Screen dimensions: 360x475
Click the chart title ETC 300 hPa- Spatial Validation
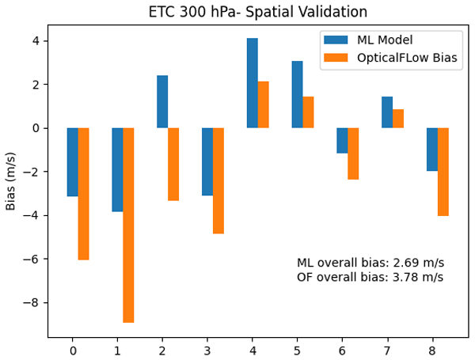[258, 12]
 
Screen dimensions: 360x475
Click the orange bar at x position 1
[128, 225]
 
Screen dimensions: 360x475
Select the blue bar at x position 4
[252, 83]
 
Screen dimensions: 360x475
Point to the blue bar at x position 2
[162, 101]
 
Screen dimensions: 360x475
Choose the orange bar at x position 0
[83, 194]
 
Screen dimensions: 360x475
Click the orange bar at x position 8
[443, 172]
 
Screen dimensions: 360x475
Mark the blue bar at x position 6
[342, 141]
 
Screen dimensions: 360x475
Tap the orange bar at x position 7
[398, 119]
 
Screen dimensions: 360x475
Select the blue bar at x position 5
[297, 94]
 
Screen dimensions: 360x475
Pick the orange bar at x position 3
[218, 180]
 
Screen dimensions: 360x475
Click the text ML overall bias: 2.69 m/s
[370, 263]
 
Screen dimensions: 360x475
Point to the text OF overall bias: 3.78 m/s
[370, 277]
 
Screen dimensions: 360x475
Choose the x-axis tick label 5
[297, 349]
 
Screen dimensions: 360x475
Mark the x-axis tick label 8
[432, 349]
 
